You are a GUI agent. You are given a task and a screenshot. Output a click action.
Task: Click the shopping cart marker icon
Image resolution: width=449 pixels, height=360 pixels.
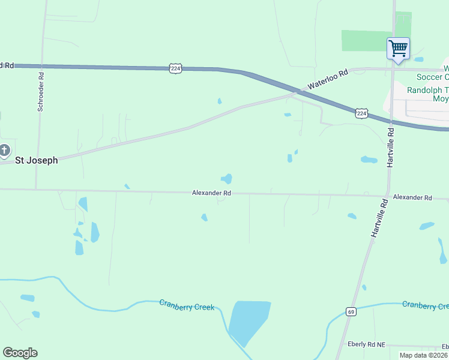pyautogui.click(x=398, y=49)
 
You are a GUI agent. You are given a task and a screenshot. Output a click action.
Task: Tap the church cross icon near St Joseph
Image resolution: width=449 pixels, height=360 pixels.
pyautogui.click(x=4, y=150)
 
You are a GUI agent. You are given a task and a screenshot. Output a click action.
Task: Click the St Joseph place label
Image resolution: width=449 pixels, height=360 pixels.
pyautogui.click(x=37, y=160)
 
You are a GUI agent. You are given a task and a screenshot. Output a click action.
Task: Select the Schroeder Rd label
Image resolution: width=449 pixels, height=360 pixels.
pyautogui.click(x=41, y=92)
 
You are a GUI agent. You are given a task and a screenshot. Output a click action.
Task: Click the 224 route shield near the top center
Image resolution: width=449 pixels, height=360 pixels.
pyautogui.click(x=175, y=68)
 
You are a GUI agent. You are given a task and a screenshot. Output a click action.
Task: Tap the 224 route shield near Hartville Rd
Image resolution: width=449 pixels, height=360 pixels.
pyautogui.click(x=361, y=113)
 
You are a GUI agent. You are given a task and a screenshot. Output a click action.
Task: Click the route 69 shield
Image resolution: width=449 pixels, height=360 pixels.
pyautogui.click(x=351, y=311)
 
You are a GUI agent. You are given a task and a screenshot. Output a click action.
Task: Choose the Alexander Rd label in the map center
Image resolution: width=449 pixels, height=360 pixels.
pyautogui.click(x=211, y=193)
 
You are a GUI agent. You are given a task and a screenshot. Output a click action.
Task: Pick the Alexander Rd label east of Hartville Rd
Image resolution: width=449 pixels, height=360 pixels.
pyautogui.click(x=412, y=197)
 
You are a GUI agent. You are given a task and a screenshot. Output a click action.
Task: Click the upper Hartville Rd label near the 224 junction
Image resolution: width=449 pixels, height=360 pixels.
pyautogui.click(x=391, y=146)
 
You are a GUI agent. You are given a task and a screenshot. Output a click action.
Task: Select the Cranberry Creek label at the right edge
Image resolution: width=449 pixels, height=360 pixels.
pyautogui.click(x=425, y=305)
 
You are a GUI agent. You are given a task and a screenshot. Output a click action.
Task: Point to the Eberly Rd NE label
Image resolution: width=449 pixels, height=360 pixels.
pyautogui.click(x=367, y=344)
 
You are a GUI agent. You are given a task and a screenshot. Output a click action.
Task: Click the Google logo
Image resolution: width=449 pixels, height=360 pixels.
pyautogui.click(x=20, y=353)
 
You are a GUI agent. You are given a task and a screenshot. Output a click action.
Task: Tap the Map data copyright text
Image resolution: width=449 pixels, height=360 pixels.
pyautogui.click(x=424, y=355)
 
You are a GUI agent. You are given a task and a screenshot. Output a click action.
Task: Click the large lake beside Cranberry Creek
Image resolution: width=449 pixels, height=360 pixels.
pyautogui.click(x=247, y=321)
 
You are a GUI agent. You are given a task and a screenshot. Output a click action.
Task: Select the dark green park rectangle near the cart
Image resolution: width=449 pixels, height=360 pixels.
pyautogui.click(x=367, y=40)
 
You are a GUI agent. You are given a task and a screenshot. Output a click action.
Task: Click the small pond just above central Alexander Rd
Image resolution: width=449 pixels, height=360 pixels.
pyautogui.click(x=227, y=178)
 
